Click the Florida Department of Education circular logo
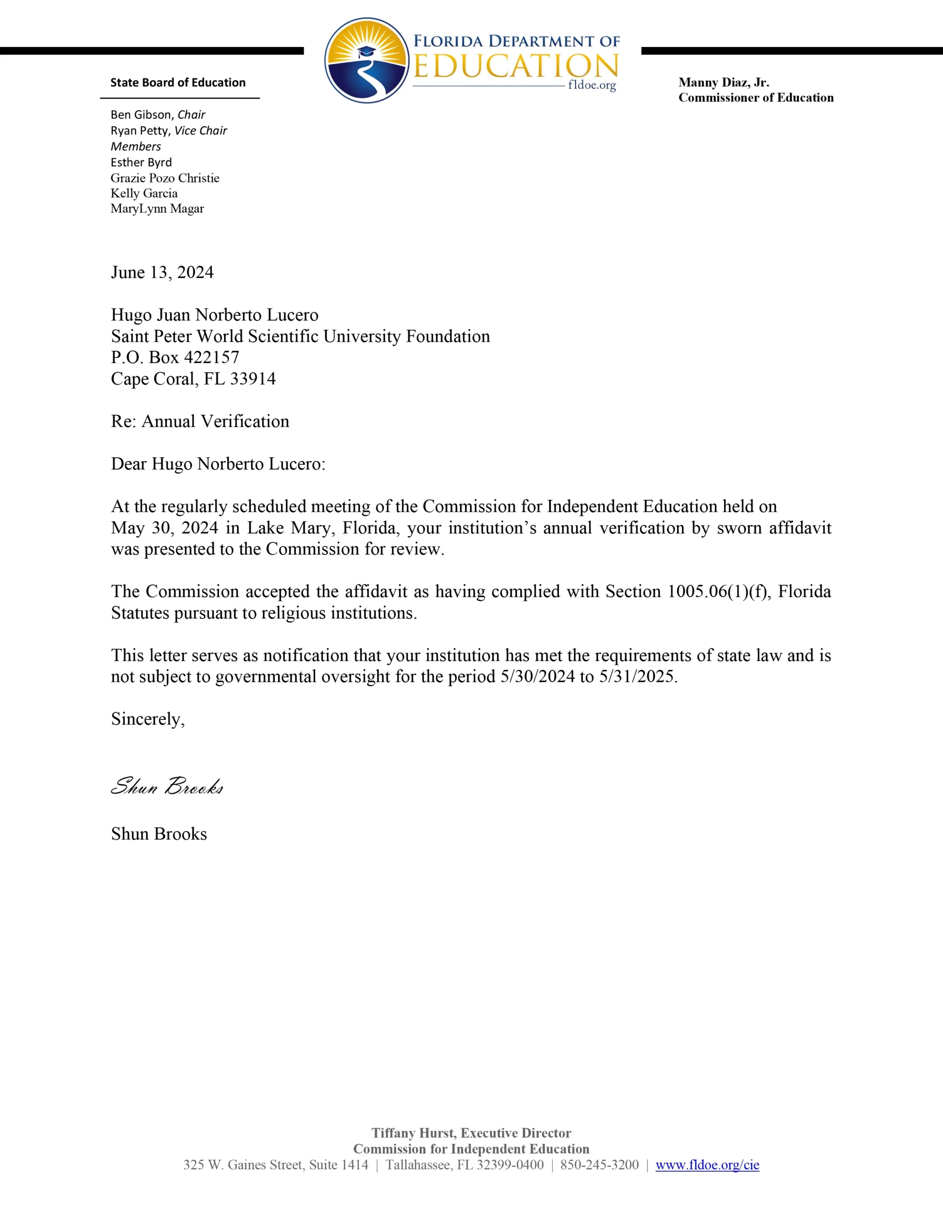[x=366, y=61]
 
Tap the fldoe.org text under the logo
[x=592, y=86]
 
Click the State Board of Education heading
[x=178, y=83]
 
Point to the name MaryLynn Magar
[x=157, y=209]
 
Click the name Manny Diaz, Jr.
[x=724, y=83]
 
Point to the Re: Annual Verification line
[x=200, y=422]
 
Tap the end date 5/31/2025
[x=637, y=677]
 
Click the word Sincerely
[x=147, y=719]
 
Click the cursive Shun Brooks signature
[x=167, y=786]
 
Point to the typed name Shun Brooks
[x=159, y=834]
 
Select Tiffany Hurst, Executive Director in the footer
[x=471, y=1133]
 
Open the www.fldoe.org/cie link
[x=707, y=1165]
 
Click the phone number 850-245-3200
[x=599, y=1165]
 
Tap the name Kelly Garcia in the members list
[x=144, y=193]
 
